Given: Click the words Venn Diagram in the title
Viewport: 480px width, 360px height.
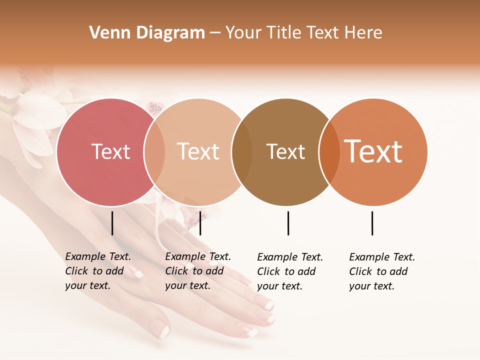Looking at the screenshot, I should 147,33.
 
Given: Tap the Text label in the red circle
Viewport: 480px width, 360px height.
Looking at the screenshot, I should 110,152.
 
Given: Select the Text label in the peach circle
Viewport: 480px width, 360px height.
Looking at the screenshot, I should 198,152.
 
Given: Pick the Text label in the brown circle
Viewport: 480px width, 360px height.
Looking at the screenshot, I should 285,152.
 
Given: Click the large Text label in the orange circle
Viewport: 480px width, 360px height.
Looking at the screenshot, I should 373,152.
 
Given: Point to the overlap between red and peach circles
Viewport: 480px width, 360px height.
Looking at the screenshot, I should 154,152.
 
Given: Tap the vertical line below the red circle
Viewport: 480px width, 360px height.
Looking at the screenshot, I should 112,223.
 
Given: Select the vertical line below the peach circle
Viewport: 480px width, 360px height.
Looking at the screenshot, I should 200,223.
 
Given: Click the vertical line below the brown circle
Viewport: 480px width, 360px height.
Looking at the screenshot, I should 288,223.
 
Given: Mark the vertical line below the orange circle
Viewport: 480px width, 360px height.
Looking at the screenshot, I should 372,223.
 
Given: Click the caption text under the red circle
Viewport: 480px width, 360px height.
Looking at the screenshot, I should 98,271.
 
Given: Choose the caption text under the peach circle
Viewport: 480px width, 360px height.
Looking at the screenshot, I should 198,271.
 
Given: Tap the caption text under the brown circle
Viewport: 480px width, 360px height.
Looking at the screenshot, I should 290,271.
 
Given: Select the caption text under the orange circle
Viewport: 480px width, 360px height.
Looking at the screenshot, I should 382,271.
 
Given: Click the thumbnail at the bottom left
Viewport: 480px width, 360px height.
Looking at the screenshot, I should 161,330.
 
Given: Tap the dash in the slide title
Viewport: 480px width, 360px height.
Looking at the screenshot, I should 215,33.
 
